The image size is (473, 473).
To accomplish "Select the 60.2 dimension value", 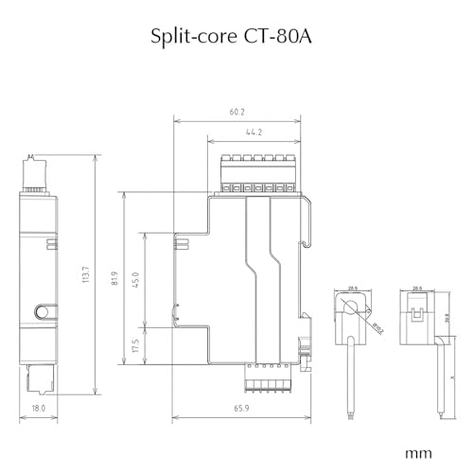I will pos(236,113).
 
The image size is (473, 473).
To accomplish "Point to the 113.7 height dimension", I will pos(87,276).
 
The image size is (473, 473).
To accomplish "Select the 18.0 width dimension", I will pos(37,409).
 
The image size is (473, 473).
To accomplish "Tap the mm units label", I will pos(419,452).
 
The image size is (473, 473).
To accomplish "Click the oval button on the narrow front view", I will pos(39,311).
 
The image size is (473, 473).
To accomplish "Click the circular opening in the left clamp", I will pos(350,307).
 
